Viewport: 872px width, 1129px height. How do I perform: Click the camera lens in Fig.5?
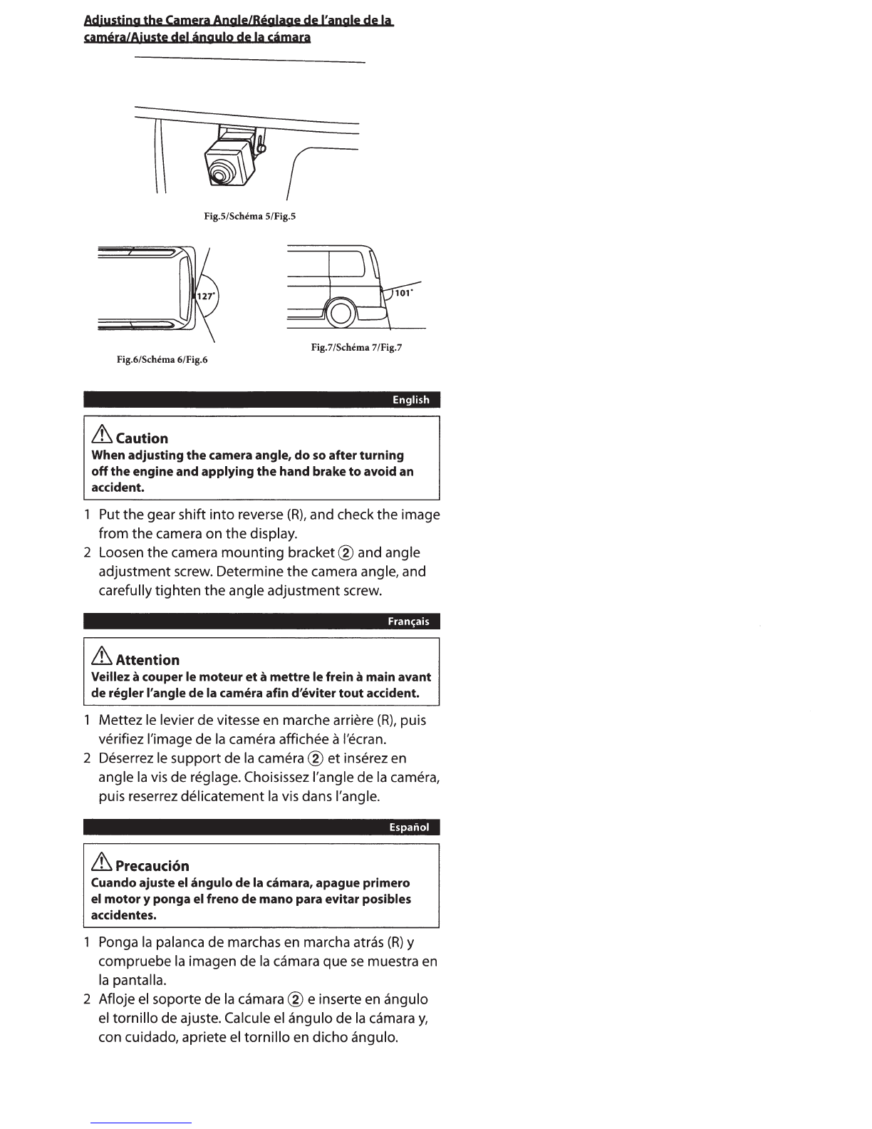pos(218,175)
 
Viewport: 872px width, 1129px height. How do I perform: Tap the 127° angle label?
pos(206,296)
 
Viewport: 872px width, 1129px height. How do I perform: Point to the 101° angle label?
pos(403,293)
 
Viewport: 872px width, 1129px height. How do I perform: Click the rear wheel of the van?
pos(340,313)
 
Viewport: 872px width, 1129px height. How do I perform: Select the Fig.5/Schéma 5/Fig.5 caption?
pos(250,216)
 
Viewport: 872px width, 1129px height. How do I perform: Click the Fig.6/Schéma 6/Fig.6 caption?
pos(162,359)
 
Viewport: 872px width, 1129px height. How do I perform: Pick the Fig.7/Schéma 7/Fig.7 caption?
pos(356,347)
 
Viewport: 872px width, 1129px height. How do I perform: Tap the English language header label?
pos(411,400)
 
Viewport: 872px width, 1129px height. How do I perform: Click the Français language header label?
pos(409,622)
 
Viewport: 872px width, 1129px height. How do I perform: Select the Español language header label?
pos(409,827)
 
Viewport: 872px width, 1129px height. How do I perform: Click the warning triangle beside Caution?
pos(102,435)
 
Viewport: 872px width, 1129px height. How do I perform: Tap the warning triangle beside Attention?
pos(102,656)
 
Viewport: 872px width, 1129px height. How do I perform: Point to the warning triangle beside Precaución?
pos(102,862)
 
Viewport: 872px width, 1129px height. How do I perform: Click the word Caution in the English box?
pos(142,438)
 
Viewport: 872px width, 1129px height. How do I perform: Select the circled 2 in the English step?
pos(346,553)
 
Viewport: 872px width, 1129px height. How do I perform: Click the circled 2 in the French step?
pos(316,758)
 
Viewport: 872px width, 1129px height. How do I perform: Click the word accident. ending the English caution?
pos(118,488)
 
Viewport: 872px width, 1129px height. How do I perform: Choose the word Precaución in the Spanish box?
pos(152,865)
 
